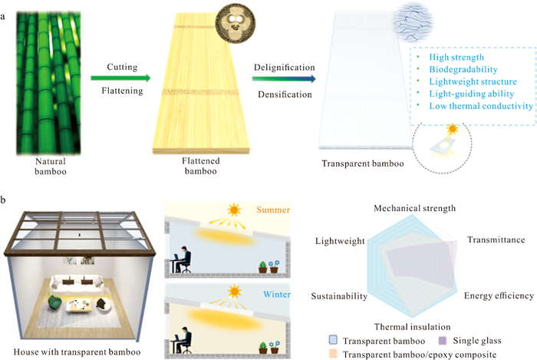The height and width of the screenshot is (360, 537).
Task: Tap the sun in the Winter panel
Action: tap(232, 292)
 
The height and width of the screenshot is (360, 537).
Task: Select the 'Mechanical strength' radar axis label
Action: tap(415, 207)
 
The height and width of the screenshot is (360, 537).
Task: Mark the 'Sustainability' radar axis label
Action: tap(340, 296)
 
